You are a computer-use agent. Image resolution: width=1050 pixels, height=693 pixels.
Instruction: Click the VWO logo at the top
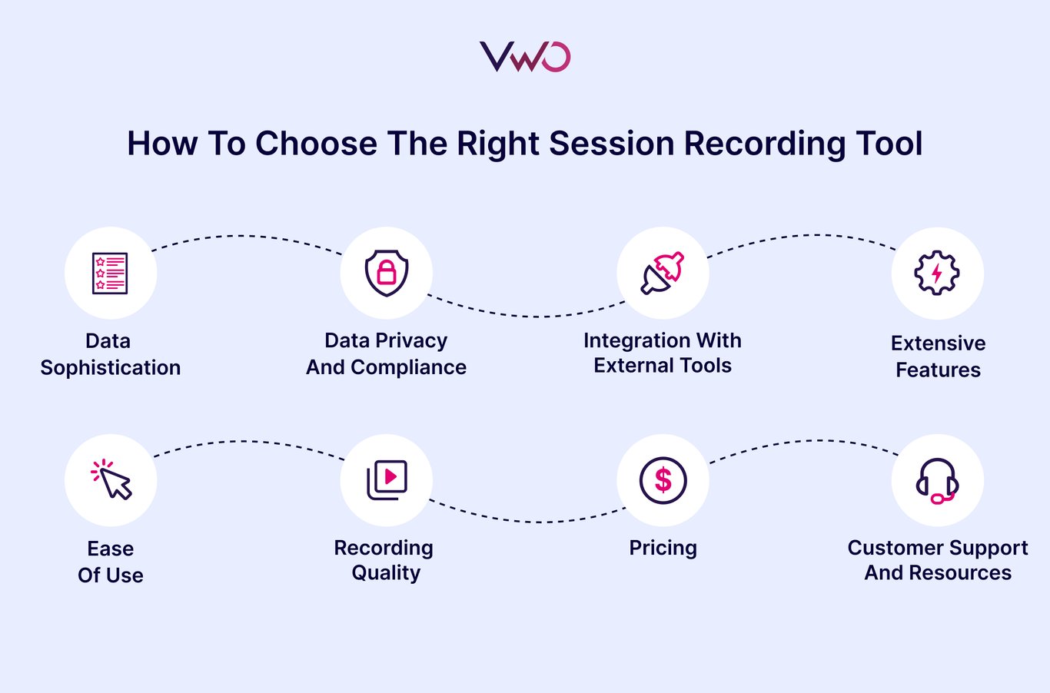[525, 57]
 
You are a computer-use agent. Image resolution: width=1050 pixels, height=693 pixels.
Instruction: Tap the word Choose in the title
[316, 144]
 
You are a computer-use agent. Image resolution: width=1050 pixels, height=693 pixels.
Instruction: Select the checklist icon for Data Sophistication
[111, 273]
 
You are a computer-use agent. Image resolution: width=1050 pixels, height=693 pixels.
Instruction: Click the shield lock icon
[386, 273]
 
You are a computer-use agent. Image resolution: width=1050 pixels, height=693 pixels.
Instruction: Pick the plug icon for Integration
[663, 273]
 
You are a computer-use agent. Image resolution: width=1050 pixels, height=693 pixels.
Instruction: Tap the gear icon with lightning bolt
[937, 273]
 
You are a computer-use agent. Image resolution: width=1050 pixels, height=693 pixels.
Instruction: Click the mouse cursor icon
[111, 480]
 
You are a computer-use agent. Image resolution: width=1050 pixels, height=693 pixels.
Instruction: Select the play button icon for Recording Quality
[387, 480]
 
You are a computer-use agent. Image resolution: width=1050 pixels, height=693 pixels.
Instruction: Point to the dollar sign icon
[663, 480]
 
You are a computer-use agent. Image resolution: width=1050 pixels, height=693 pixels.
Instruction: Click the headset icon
[937, 480]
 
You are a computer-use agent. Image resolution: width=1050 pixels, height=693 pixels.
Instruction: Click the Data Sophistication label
[110, 354]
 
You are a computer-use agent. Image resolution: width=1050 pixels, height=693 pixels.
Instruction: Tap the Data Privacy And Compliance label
[386, 354]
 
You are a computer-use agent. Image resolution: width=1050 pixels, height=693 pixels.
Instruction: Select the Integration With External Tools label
[663, 353]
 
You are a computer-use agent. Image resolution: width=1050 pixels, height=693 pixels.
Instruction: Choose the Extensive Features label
[938, 356]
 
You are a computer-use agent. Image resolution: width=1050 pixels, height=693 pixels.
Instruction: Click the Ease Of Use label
[111, 562]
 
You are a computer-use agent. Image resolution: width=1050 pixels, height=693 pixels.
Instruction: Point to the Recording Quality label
[384, 560]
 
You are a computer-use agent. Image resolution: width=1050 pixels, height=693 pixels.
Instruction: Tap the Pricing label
[663, 548]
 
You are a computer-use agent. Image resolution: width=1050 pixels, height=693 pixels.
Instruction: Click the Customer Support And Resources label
[938, 560]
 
